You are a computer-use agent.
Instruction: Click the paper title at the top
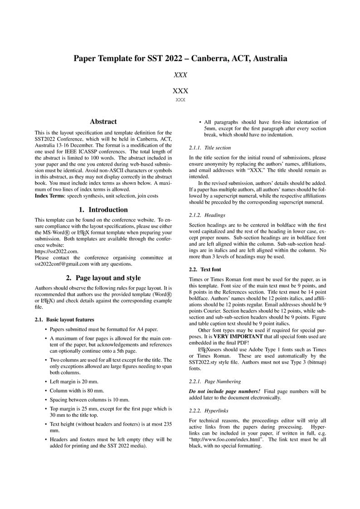pyautogui.click(x=180, y=58)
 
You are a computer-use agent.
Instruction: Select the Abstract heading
pyautogui.click(x=103, y=121)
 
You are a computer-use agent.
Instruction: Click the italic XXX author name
pyautogui.click(x=180, y=75)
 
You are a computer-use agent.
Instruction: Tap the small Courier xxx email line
pyautogui.click(x=180, y=100)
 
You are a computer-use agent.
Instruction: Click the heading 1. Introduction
pyautogui.click(x=103, y=209)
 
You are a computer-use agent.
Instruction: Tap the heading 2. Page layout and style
pyautogui.click(x=103, y=278)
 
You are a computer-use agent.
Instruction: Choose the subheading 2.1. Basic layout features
pyautogui.click(x=64, y=320)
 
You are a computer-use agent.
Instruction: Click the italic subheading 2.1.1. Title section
pyautogui.click(x=210, y=148)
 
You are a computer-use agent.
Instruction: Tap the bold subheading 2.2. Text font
pyautogui.click(x=205, y=269)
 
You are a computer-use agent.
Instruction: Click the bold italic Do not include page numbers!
pyautogui.click(x=224, y=391)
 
